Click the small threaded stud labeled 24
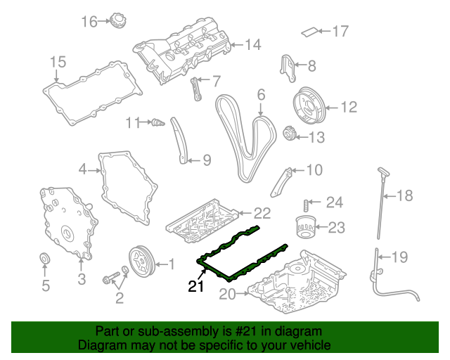click(x=307, y=204)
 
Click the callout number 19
click(x=399, y=257)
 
